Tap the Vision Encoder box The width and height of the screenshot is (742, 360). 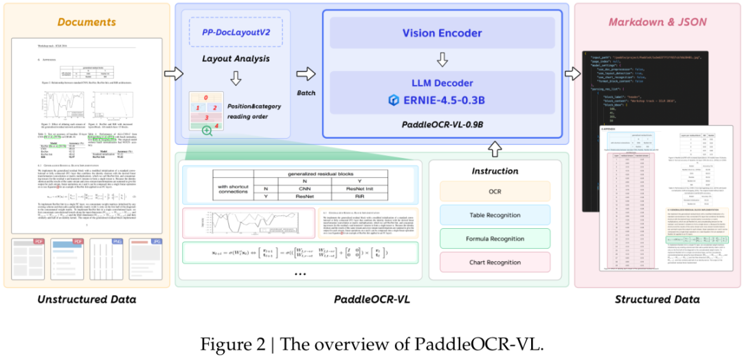click(x=442, y=33)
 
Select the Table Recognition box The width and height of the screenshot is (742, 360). click(x=494, y=216)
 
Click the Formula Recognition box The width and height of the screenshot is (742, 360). click(x=494, y=239)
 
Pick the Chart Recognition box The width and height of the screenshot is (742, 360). click(x=494, y=262)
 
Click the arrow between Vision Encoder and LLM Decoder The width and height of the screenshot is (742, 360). click(x=442, y=60)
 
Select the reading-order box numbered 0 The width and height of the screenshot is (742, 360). click(x=205, y=98)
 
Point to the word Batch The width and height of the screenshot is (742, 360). click(x=307, y=92)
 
